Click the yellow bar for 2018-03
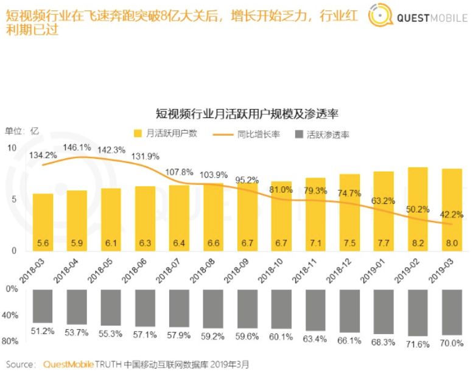tap(43, 221)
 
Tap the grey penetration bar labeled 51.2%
tap(43, 306)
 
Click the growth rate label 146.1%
tap(77, 148)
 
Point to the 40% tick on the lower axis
tap(12, 315)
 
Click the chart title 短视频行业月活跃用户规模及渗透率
tap(247, 113)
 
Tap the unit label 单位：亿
tap(22, 131)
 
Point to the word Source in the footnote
tap(20, 364)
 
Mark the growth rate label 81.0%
tap(281, 189)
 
